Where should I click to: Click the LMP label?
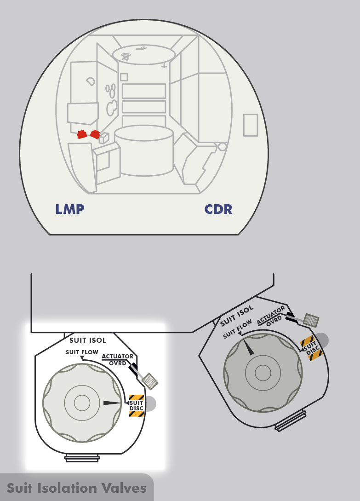[x=69, y=209]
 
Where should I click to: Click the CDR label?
[x=218, y=209]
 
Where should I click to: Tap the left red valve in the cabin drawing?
[x=82, y=134]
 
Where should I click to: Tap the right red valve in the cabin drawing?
[x=95, y=134]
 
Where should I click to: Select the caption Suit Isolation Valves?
[x=76, y=488]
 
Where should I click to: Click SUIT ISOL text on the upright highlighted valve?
[x=87, y=340]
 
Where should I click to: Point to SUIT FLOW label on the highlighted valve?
[x=82, y=352]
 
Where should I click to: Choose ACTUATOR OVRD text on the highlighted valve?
[x=118, y=359]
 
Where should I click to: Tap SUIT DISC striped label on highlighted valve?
[x=137, y=406]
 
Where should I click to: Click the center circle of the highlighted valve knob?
[x=82, y=403]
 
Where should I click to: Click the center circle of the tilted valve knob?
[x=263, y=372]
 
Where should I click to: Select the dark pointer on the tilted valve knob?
[x=248, y=347]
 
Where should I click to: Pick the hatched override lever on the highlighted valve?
[x=150, y=381]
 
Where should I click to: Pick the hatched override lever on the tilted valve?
[x=312, y=320]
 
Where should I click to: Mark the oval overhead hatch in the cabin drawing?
[x=144, y=54]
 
